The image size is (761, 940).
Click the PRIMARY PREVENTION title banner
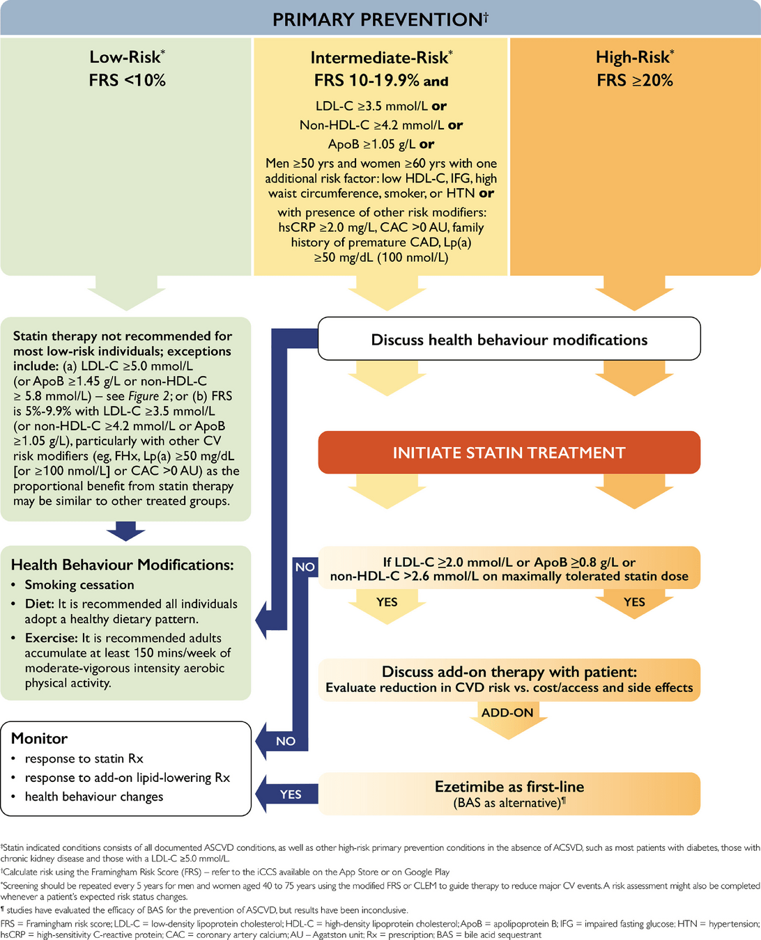tap(380, 19)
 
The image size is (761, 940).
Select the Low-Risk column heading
tap(127, 57)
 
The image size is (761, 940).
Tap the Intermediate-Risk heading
tap(380, 58)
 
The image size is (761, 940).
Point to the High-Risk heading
tap(634, 57)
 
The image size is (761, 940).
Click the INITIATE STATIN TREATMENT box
tap(509, 453)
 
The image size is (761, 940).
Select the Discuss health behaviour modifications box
tap(509, 340)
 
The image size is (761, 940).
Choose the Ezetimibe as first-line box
tap(509, 788)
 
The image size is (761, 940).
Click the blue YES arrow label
tap(291, 794)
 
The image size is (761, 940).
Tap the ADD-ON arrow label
tap(507, 712)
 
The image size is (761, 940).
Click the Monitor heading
tap(40, 738)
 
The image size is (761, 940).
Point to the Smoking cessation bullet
tap(79, 585)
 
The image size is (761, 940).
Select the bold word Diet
tap(39, 604)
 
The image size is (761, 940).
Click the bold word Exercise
tap(50, 638)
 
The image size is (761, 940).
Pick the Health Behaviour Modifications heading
tap(123, 565)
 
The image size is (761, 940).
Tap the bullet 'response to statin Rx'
tap(84, 758)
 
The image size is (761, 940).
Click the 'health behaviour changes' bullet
tap(94, 797)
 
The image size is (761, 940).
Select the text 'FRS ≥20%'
tap(634, 80)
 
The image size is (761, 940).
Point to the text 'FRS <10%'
tap(127, 80)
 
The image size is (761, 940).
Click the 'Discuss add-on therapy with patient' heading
tap(509, 672)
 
